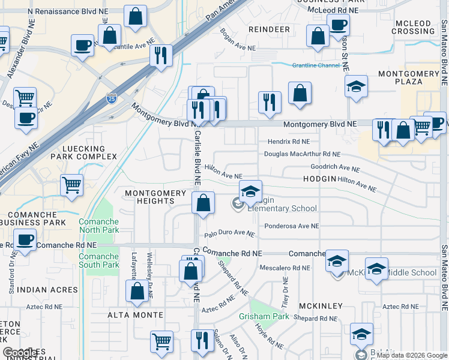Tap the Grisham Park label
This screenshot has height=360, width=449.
(x=264, y=316)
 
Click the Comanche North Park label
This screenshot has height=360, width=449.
(x=98, y=226)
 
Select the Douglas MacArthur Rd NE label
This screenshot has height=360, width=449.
(x=302, y=154)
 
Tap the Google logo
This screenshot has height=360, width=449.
(x=20, y=353)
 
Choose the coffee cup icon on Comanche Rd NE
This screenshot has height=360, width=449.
(x=25, y=240)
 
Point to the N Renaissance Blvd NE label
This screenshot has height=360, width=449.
(x=65, y=11)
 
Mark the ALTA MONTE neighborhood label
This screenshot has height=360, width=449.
(x=136, y=315)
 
